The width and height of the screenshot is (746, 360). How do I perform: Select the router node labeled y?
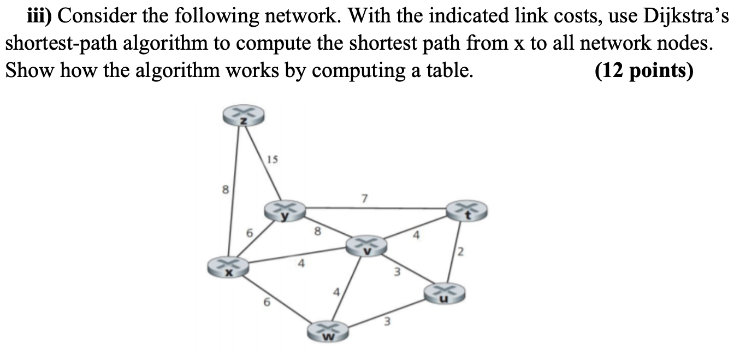pyautogui.click(x=285, y=210)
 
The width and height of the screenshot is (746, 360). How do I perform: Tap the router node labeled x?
pyautogui.click(x=228, y=267)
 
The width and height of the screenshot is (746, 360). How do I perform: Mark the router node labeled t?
pyautogui.click(x=466, y=210)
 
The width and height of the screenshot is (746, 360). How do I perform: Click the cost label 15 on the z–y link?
pyautogui.click(x=273, y=160)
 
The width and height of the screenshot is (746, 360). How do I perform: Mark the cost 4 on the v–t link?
pyautogui.click(x=417, y=237)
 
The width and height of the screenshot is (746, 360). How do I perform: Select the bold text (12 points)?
pyautogui.click(x=644, y=72)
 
